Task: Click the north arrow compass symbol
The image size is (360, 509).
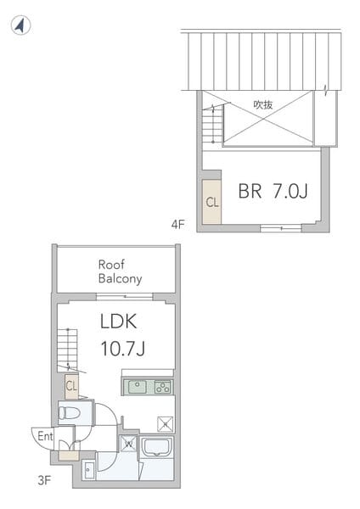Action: pyautogui.click(x=21, y=25)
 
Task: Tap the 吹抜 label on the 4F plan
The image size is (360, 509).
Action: pyautogui.click(x=262, y=105)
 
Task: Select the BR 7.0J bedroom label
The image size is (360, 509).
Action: pyautogui.click(x=272, y=192)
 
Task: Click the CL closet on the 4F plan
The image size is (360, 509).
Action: pyautogui.click(x=211, y=202)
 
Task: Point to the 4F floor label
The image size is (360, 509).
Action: pyautogui.click(x=177, y=225)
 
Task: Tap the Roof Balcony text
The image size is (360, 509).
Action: pyautogui.click(x=120, y=271)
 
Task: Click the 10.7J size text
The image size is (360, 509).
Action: pyautogui.click(x=123, y=349)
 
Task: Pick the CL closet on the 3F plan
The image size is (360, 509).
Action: pyautogui.click(x=72, y=386)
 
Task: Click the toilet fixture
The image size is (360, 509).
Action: pyautogui.click(x=70, y=413)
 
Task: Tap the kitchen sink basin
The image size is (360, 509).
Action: pyautogui.click(x=138, y=387)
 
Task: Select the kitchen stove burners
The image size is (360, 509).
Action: pyautogui.click(x=162, y=387)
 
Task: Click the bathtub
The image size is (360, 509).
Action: pyautogui.click(x=157, y=447)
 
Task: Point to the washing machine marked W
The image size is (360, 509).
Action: pyautogui.click(x=127, y=444)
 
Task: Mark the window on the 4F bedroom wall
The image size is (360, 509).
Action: pyautogui.click(x=280, y=227)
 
